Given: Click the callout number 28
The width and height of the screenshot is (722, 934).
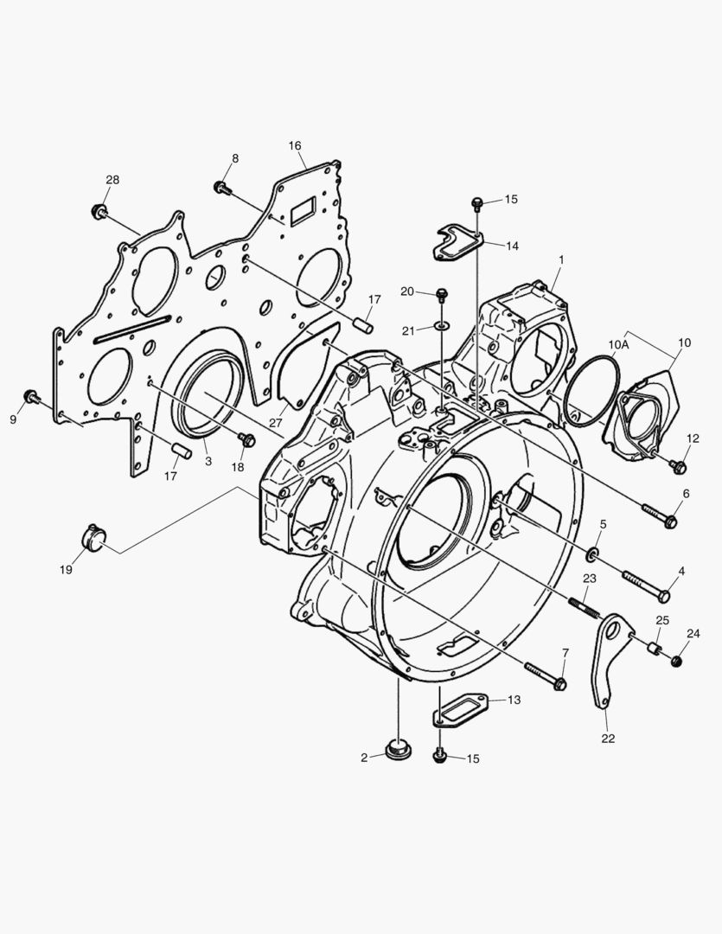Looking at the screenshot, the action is [x=112, y=180].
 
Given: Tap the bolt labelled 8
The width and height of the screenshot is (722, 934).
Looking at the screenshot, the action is [x=222, y=188].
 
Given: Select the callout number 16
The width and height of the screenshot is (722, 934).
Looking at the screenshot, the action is [x=295, y=146].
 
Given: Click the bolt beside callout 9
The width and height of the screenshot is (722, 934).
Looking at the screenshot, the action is [x=32, y=397].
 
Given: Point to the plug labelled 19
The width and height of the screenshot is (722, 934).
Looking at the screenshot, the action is [x=93, y=537].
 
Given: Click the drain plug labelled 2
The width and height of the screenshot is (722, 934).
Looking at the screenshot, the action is [x=395, y=749].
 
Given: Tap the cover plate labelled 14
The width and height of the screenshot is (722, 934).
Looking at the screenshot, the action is [x=458, y=241].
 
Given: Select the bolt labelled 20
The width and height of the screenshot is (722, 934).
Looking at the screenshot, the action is [x=442, y=295].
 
